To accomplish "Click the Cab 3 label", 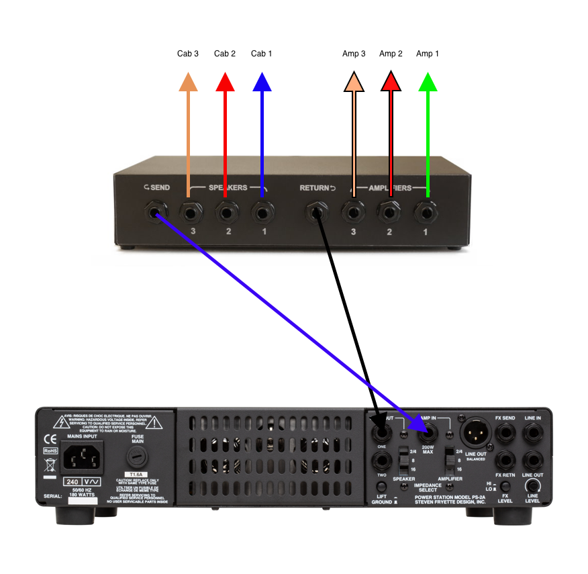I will [188, 53].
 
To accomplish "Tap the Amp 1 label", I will [428, 53].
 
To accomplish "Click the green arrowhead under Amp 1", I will [428, 82].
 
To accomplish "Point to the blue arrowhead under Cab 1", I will [262, 82].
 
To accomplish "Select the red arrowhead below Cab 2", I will [225, 82].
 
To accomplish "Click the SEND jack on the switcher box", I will [156, 214].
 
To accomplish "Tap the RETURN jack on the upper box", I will [315, 214].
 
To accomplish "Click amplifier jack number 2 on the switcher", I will [389, 214].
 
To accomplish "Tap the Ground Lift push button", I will [382, 486].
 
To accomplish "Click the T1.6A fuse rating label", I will [137, 475].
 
